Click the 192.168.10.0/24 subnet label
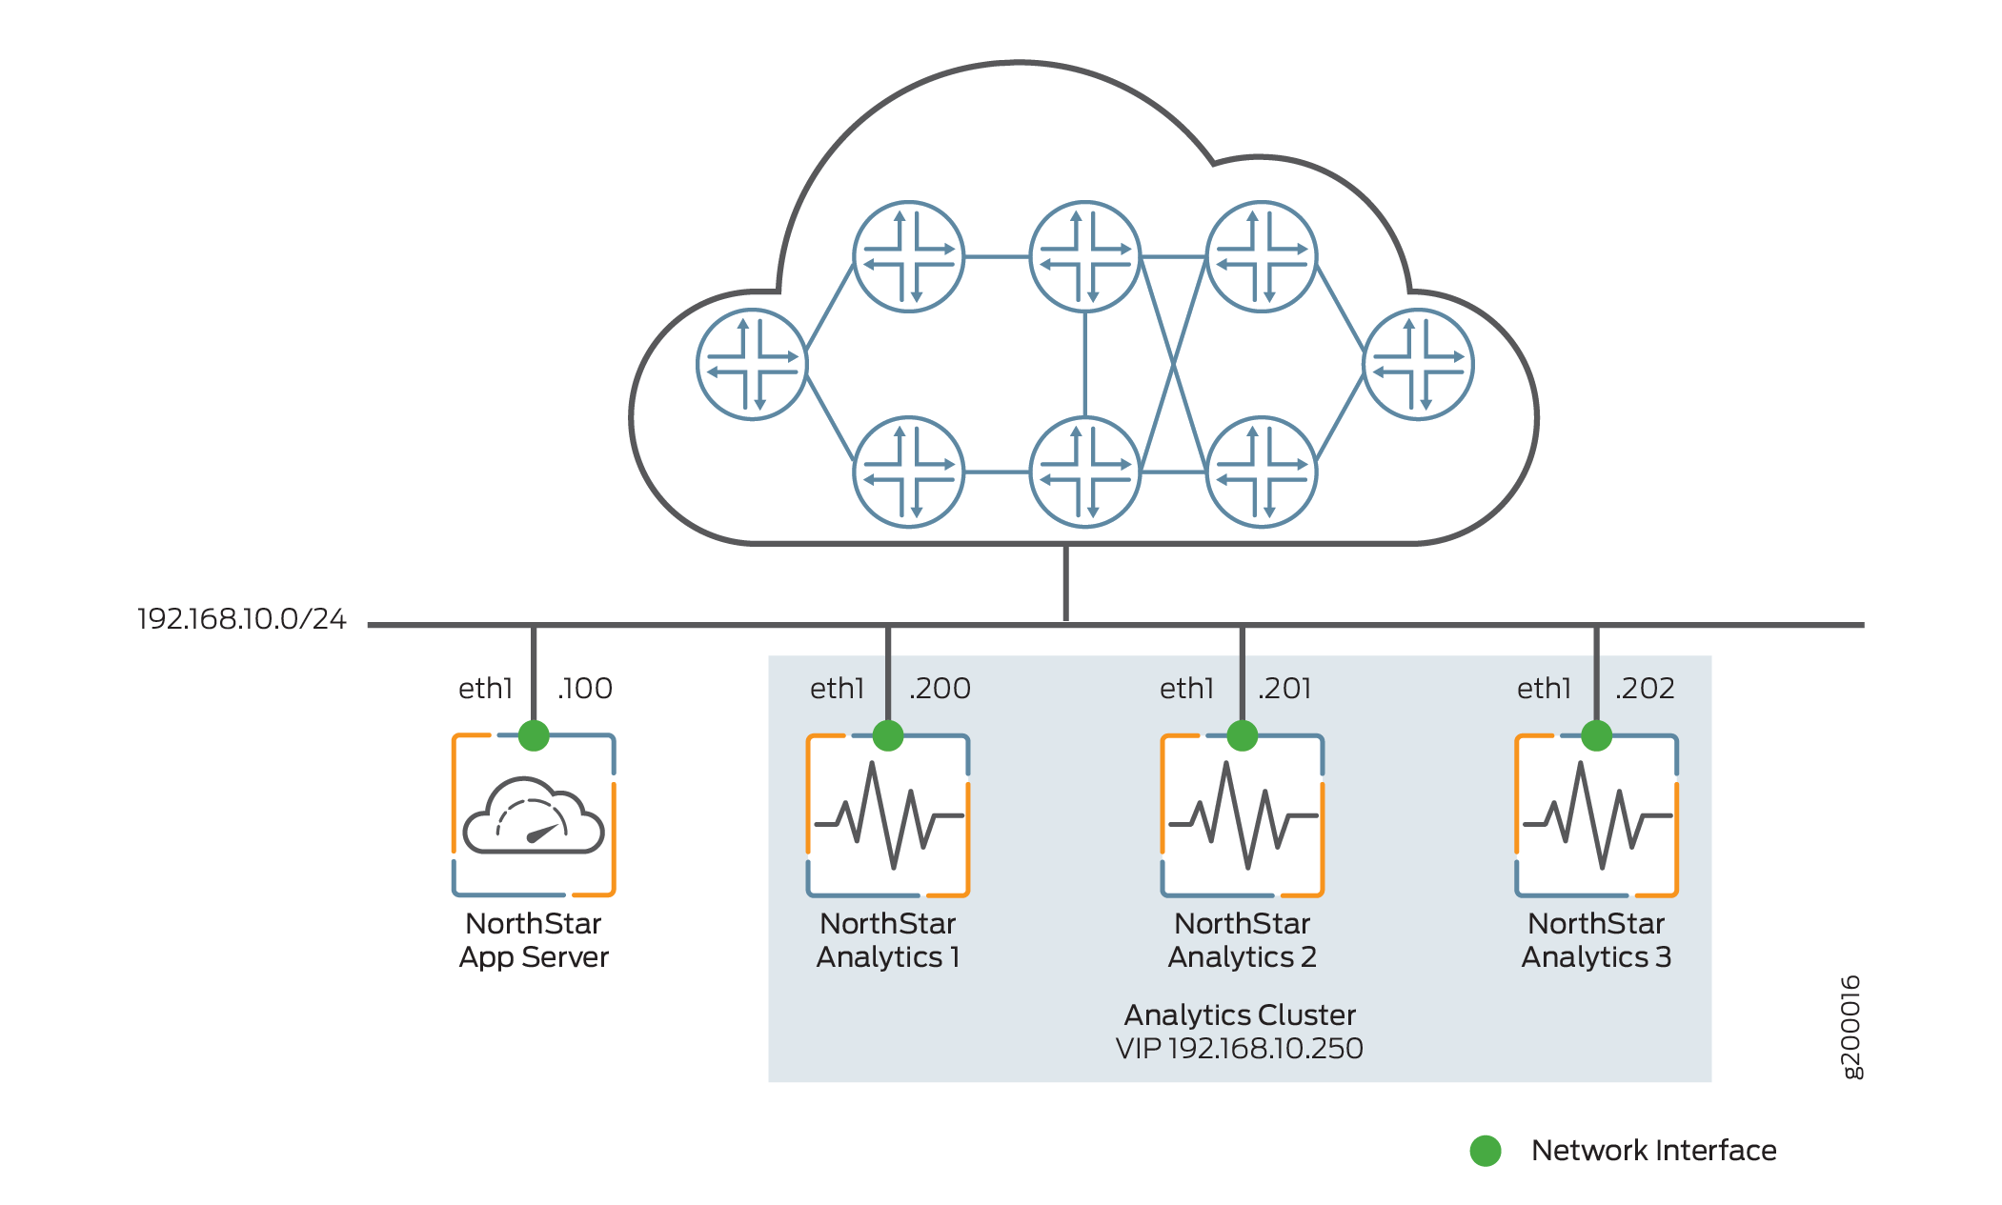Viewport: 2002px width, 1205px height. (241, 619)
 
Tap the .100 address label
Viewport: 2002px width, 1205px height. (585, 688)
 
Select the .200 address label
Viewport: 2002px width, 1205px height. (940, 688)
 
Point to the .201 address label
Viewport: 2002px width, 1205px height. (1284, 688)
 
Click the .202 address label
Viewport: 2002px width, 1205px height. (1645, 688)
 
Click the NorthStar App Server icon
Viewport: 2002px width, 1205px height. (534, 816)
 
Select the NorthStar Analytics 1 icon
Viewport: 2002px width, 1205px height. (888, 816)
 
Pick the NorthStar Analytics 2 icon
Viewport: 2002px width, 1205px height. (1243, 816)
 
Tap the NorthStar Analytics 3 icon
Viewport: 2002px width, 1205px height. (1597, 816)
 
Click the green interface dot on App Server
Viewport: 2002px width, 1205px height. (534, 735)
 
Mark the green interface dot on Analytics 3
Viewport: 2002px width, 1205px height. (1597, 735)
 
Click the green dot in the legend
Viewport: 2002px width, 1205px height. (1486, 1151)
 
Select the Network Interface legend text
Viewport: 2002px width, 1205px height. (1653, 1151)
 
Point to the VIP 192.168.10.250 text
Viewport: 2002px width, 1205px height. (1239, 1049)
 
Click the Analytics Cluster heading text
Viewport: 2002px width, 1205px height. (1239, 1014)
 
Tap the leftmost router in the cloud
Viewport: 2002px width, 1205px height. (753, 365)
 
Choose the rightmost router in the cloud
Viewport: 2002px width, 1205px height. (1419, 365)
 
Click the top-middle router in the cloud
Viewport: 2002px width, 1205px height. (1085, 256)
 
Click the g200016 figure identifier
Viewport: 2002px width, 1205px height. (1850, 1027)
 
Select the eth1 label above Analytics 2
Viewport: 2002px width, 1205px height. (1186, 688)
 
